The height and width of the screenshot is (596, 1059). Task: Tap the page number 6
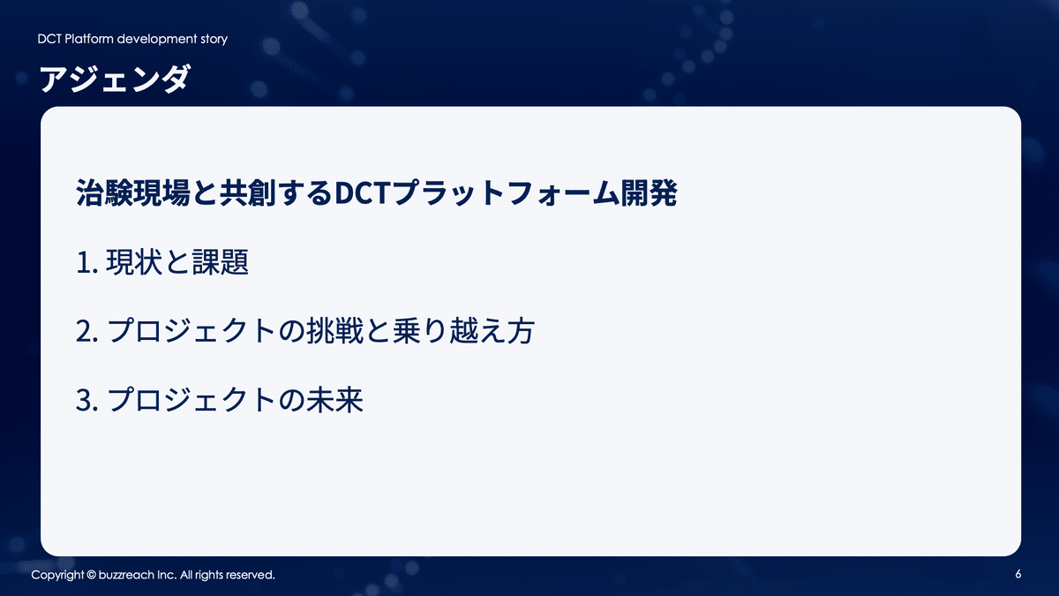pyautogui.click(x=1018, y=575)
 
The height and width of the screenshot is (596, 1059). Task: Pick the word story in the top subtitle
pyautogui.click(x=212, y=39)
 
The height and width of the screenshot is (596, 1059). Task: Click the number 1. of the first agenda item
pyautogui.click(x=86, y=263)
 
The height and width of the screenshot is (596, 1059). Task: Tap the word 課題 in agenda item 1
pyautogui.click(x=220, y=263)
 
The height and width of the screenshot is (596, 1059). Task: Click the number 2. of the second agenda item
pyautogui.click(x=86, y=333)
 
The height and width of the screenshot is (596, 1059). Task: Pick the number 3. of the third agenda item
pyautogui.click(x=86, y=402)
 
